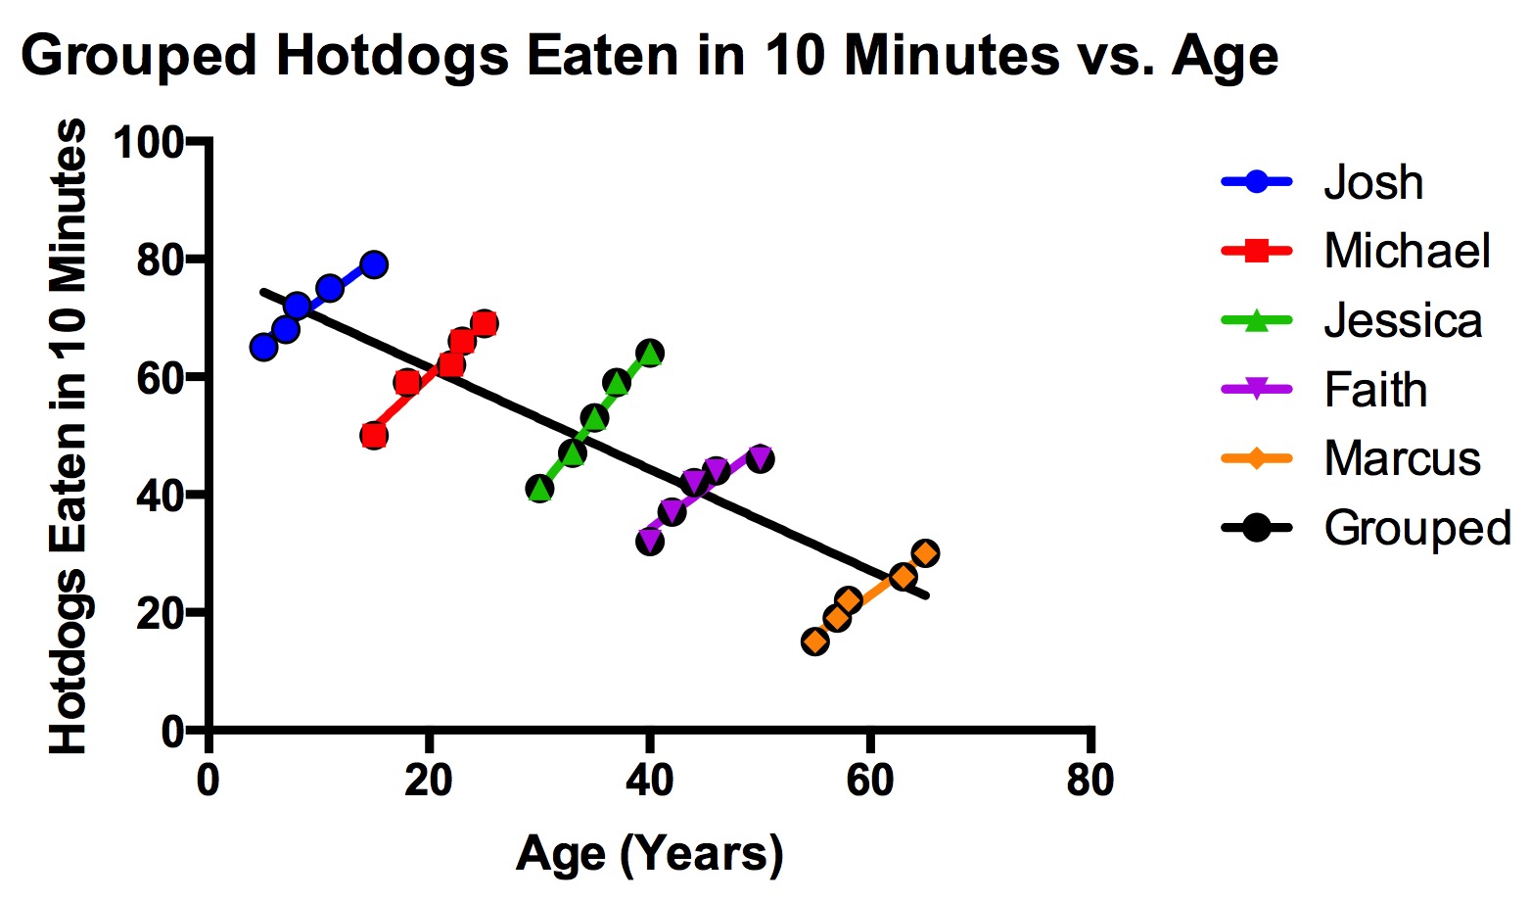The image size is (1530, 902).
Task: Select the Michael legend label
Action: pyautogui.click(x=1407, y=251)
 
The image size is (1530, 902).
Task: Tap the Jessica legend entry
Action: pyautogui.click(x=1402, y=320)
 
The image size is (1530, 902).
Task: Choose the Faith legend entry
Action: pyautogui.click(x=1374, y=390)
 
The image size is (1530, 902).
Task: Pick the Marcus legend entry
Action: pyautogui.click(x=1402, y=458)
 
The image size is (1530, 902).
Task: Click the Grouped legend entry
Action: pyautogui.click(x=1416, y=528)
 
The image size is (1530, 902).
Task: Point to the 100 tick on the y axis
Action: pyautogui.click(x=150, y=143)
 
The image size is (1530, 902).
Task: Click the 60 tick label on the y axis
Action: pyautogui.click(x=161, y=378)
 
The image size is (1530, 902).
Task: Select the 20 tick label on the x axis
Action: pyautogui.click(x=428, y=782)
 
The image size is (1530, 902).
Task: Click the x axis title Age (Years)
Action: pyautogui.click(x=649, y=854)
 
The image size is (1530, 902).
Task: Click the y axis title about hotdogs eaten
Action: pyautogui.click(x=69, y=436)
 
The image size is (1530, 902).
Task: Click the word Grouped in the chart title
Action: pyautogui.click(x=138, y=56)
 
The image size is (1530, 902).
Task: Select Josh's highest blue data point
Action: pyautogui.click(x=373, y=264)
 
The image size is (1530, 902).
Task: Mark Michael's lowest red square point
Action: pyautogui.click(x=373, y=436)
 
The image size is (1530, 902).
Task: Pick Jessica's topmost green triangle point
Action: pyautogui.click(x=650, y=353)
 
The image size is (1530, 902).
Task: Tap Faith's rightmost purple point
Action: pyautogui.click(x=760, y=458)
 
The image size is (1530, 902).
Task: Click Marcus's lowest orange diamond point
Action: pyautogui.click(x=814, y=641)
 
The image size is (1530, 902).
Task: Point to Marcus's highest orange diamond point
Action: pyautogui.click(x=925, y=553)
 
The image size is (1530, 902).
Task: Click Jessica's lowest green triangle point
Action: pyautogui.click(x=539, y=489)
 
